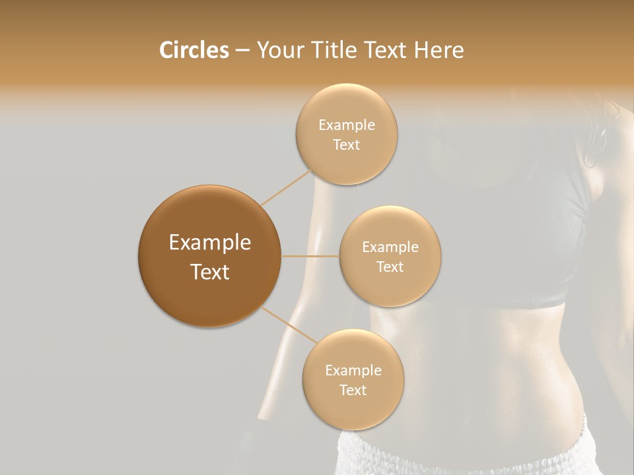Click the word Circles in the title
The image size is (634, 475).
194,50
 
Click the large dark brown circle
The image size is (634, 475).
209,256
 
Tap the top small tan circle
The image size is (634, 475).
346,134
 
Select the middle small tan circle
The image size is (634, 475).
390,256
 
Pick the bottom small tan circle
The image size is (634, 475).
353,379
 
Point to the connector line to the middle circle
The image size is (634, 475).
310,256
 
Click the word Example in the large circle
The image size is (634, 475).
209,243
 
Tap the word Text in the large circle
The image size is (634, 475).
209,272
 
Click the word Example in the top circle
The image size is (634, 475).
346,125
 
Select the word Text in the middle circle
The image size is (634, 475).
390,267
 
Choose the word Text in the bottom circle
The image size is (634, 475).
353,390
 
